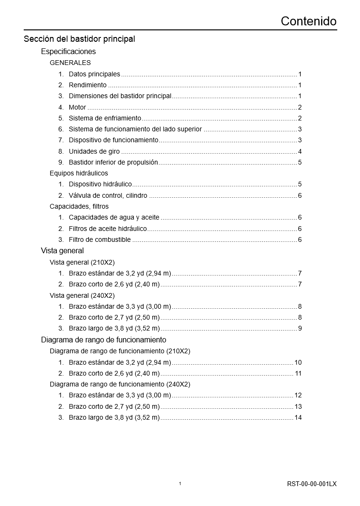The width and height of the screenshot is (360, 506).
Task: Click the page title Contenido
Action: pyautogui.click(x=308, y=21)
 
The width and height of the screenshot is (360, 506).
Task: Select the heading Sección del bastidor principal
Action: pyautogui.click(x=79, y=39)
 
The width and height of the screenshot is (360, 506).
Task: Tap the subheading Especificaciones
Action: pyautogui.click(x=68, y=52)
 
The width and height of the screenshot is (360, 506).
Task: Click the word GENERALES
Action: pyautogui.click(x=70, y=63)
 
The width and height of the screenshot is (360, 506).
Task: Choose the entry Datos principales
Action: pyautogui.click(x=94, y=74)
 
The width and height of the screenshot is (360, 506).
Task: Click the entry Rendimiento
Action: pyautogui.click(x=88, y=85)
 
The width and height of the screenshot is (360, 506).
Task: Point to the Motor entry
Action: pyautogui.click(x=77, y=107)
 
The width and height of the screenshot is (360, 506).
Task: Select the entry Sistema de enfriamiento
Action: pyautogui.click(x=105, y=118)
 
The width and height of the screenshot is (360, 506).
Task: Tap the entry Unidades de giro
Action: pyautogui.click(x=94, y=152)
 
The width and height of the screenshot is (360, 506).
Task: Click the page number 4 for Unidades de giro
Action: pyautogui.click(x=300, y=152)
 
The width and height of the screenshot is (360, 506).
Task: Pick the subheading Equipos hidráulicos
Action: pyautogui.click(x=79, y=174)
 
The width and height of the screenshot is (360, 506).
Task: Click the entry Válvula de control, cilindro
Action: pyautogui.click(x=108, y=195)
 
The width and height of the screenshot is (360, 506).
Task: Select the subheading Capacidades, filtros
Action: pyautogui.click(x=79, y=206)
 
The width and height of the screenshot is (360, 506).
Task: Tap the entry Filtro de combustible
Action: pyautogui.click(x=100, y=240)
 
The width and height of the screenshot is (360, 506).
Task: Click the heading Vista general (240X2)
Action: pyautogui.click(x=82, y=295)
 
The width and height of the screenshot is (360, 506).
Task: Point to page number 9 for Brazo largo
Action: pyautogui.click(x=300, y=328)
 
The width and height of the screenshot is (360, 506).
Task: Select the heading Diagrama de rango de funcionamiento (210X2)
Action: pyautogui.click(x=120, y=351)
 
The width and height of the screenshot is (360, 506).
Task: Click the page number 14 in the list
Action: pyautogui.click(x=298, y=418)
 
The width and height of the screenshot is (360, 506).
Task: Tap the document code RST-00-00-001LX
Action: pyautogui.click(x=312, y=484)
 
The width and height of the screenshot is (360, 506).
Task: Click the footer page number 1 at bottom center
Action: pyautogui.click(x=180, y=484)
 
